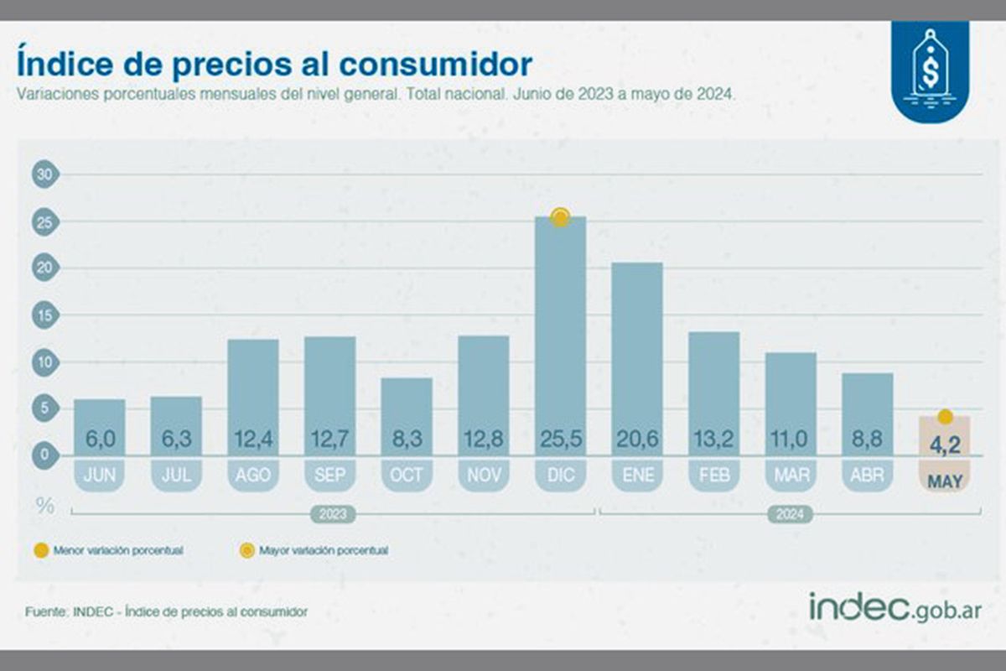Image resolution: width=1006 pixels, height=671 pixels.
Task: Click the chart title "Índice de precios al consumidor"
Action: tap(274, 65)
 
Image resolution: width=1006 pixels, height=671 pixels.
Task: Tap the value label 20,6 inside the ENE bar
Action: tap(637, 438)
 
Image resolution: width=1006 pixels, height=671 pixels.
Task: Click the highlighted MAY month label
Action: tap(945, 481)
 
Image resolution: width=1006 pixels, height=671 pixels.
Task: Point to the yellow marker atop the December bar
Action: tap(560, 217)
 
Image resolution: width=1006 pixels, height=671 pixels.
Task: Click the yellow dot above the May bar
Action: tap(945, 417)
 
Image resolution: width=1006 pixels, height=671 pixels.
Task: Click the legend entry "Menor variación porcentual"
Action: tap(108, 551)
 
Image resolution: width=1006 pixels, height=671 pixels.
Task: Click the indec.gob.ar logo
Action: tap(895, 606)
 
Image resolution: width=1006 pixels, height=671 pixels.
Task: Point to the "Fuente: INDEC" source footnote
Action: tap(166, 611)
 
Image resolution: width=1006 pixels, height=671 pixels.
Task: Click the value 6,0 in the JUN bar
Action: tap(99, 438)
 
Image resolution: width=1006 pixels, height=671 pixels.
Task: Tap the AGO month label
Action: tap(253, 475)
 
